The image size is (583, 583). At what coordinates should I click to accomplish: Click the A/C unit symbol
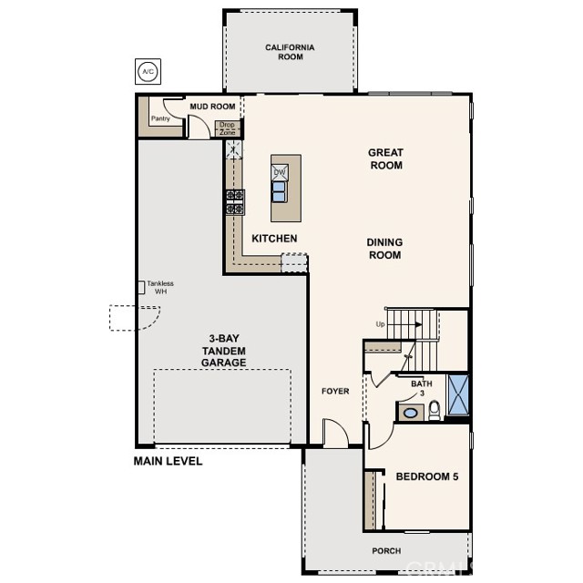tap(147, 70)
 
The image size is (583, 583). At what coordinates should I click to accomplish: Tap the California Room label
tap(290, 52)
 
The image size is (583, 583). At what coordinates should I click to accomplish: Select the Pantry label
tap(160, 118)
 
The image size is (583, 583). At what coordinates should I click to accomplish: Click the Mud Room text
tap(212, 107)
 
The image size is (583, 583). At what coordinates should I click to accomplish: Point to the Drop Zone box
tap(227, 128)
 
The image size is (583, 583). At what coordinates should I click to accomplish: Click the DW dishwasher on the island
tap(281, 172)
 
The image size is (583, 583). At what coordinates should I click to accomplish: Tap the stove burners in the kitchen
tap(234, 201)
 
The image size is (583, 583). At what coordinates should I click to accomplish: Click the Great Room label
tap(385, 159)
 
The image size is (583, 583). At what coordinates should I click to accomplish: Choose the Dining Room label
tap(384, 249)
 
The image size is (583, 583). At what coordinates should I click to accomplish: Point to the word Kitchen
tap(274, 239)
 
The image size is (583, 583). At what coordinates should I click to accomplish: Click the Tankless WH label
tap(160, 287)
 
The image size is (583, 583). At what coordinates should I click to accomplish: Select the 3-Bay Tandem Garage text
tap(223, 349)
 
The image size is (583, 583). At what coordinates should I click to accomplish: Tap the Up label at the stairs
tap(380, 324)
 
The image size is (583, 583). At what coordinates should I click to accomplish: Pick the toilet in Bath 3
tap(435, 410)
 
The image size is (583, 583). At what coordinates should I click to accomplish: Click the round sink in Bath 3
tap(410, 413)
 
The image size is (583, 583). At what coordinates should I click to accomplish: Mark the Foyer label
tap(335, 391)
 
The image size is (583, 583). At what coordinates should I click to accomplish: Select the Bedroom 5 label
tap(426, 476)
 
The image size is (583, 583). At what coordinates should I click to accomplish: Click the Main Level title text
tap(168, 461)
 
